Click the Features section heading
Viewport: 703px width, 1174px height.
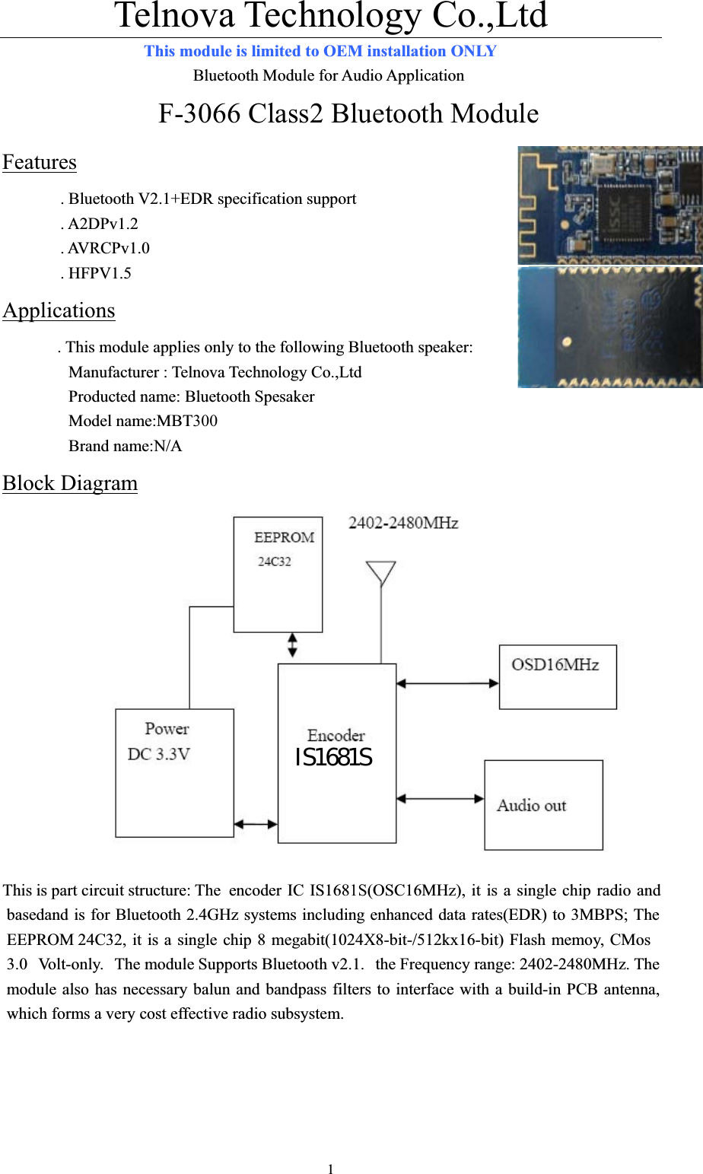(x=40, y=162)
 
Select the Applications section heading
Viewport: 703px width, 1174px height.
(x=59, y=310)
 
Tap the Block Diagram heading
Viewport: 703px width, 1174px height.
(x=70, y=483)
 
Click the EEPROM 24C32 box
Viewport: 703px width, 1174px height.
(x=278, y=574)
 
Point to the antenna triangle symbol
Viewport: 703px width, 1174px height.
(x=380, y=573)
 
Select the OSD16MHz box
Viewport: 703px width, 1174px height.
(x=558, y=677)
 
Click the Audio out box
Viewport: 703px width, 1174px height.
(x=543, y=805)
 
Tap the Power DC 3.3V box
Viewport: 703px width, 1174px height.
(x=174, y=772)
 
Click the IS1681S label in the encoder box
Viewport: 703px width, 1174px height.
(x=333, y=758)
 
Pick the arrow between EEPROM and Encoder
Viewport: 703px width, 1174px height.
(x=293, y=645)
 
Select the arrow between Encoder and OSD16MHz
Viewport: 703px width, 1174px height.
(x=447, y=683)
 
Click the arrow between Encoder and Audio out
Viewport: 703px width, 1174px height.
(x=440, y=798)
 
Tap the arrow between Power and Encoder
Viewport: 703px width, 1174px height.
(x=256, y=824)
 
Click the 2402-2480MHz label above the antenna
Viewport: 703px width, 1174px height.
(x=403, y=523)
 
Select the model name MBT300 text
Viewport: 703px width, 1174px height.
(x=143, y=421)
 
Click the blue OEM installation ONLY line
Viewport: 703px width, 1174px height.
(x=320, y=51)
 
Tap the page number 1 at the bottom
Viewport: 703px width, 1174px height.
(x=330, y=1169)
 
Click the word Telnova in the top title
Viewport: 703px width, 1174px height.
(x=174, y=15)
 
